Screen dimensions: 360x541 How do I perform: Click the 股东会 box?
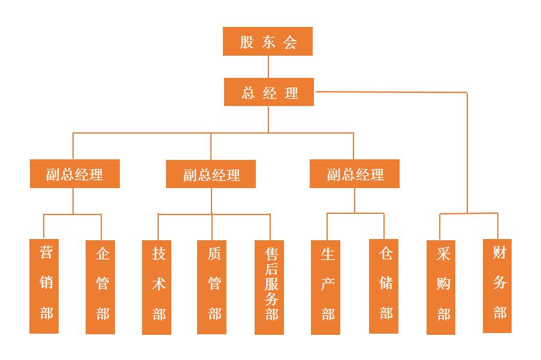pos(268,41)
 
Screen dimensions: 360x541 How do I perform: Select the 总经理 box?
pos(269,92)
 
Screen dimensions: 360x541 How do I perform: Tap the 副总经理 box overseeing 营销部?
pos(75,174)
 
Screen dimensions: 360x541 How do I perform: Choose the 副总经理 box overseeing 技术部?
pos(211,174)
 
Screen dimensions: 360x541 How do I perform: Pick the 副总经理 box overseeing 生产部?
pos(355,174)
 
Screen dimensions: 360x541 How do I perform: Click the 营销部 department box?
pos(44,286)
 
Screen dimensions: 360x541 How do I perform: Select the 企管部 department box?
pos(101,286)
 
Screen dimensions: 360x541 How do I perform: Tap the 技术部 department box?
pos(157,287)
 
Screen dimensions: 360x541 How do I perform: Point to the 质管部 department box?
pos(212,287)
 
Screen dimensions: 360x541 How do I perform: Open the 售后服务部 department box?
pos(269,287)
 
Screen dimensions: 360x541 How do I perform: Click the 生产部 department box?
pos(326,287)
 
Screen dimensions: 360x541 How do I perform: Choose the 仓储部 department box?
pos(384,286)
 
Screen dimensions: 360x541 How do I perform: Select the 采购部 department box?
pos(442,287)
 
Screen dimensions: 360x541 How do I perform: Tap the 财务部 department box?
pos(497,286)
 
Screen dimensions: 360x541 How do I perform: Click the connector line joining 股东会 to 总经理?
pos(268,66)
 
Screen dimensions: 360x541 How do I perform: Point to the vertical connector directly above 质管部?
pos(212,227)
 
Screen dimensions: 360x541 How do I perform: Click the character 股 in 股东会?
pos(247,42)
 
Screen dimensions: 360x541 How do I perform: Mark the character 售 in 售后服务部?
pos(271,252)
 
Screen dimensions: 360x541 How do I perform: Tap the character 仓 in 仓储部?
pos(386,253)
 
